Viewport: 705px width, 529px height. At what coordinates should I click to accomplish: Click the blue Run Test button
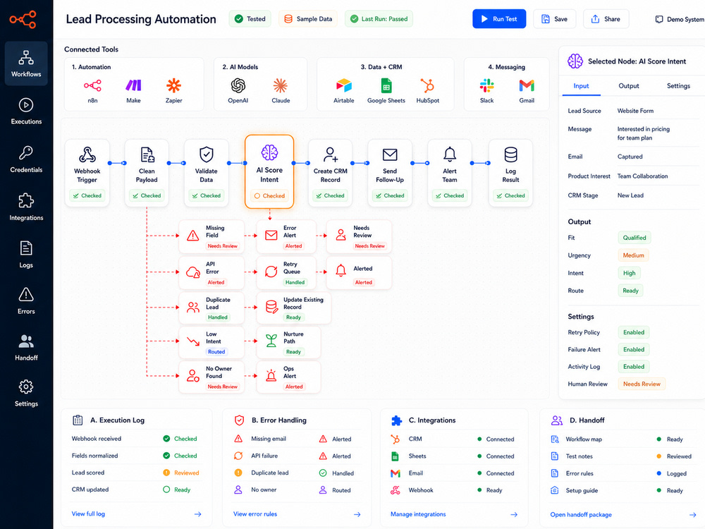point(499,19)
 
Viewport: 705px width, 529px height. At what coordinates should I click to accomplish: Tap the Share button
point(606,19)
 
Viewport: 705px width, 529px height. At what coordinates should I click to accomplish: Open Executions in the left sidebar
point(26,111)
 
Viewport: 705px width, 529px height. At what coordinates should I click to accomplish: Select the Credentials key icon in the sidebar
point(25,153)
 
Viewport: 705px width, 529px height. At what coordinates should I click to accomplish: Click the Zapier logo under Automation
point(173,85)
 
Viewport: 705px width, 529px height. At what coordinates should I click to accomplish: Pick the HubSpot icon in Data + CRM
point(428,85)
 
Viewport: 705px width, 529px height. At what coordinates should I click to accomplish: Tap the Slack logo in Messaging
point(487,85)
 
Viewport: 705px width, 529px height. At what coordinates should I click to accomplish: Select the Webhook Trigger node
point(87,173)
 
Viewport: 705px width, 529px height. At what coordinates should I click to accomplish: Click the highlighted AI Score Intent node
point(269,171)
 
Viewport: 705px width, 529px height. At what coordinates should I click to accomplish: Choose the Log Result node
point(510,173)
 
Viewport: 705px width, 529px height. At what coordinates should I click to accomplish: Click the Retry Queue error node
point(286,272)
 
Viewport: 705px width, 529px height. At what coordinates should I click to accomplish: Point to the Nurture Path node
point(288,343)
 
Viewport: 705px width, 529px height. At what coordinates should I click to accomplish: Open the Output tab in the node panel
point(629,86)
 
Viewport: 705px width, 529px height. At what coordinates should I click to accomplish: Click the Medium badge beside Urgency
point(634,255)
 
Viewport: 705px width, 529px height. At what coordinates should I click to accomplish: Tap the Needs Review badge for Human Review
point(642,384)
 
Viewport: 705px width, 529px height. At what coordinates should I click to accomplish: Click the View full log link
point(88,513)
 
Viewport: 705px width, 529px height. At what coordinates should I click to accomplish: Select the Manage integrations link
point(418,514)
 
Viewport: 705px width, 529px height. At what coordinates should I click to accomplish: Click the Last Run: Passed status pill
point(379,19)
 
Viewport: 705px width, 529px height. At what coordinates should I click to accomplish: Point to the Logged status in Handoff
point(676,473)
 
